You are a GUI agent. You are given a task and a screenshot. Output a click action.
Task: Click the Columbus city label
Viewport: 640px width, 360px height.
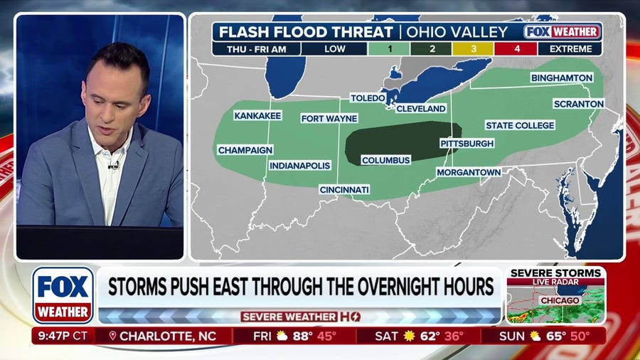coord(386,160)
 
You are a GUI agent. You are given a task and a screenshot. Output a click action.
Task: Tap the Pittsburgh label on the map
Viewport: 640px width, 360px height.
coord(466,143)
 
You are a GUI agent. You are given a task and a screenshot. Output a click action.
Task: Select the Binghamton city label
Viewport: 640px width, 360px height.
coord(562,77)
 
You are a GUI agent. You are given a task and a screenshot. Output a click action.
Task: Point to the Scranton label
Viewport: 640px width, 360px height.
coord(579,103)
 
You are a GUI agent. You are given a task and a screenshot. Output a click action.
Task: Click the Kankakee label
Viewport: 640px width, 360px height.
coord(258,115)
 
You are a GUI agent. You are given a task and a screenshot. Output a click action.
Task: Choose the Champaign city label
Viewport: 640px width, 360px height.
coord(245,150)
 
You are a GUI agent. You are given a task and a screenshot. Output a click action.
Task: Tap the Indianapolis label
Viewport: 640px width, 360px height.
coord(300,165)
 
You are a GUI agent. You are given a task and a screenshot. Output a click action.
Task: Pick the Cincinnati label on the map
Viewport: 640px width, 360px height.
coord(344,190)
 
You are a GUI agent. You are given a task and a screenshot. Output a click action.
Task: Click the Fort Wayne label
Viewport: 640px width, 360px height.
coord(329,118)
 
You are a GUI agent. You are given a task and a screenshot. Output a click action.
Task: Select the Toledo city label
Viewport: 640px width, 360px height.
coord(368,97)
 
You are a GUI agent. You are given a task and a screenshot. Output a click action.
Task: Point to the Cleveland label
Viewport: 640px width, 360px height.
coord(421,108)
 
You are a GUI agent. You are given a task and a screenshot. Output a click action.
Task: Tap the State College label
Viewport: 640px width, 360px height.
coord(520,125)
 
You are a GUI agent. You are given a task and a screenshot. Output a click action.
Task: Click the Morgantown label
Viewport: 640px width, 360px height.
coord(469,172)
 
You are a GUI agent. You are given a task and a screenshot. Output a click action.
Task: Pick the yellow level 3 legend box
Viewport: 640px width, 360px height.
coord(476,49)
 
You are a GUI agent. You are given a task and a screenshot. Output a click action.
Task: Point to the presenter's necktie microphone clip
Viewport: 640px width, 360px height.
coord(112,165)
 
